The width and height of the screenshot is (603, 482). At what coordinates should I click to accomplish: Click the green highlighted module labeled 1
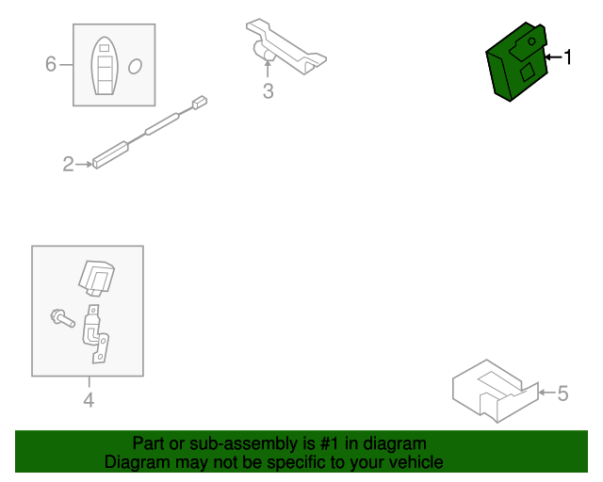[x=516, y=62]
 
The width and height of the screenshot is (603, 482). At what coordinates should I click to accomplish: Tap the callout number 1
[x=567, y=57]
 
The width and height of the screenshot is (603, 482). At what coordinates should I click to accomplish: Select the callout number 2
[x=68, y=164]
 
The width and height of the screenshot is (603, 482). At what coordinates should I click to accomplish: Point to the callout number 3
[x=268, y=91]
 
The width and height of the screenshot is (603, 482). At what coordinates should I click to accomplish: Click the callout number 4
[x=89, y=400]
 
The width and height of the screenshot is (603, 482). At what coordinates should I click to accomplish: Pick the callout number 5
[x=562, y=394]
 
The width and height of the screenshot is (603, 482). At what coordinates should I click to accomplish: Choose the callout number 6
[x=51, y=64]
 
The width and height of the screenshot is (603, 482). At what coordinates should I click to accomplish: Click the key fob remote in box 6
[x=105, y=66]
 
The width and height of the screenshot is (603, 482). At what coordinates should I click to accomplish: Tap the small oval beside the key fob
[x=135, y=66]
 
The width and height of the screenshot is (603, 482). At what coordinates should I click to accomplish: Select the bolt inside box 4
[x=63, y=318]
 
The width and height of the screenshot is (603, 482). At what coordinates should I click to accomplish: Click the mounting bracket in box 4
[x=96, y=333]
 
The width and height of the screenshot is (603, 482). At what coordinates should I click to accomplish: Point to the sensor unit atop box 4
[x=96, y=279]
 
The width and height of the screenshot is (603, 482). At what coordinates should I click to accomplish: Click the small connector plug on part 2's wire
[x=200, y=103]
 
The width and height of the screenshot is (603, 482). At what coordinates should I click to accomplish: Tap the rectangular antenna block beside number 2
[x=110, y=155]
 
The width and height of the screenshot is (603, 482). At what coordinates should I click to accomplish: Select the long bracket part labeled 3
[x=286, y=46]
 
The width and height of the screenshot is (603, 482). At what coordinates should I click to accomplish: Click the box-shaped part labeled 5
[x=496, y=391]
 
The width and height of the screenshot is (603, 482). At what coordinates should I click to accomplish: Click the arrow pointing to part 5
[x=546, y=393]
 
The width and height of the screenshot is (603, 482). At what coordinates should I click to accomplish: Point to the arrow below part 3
[x=268, y=69]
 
